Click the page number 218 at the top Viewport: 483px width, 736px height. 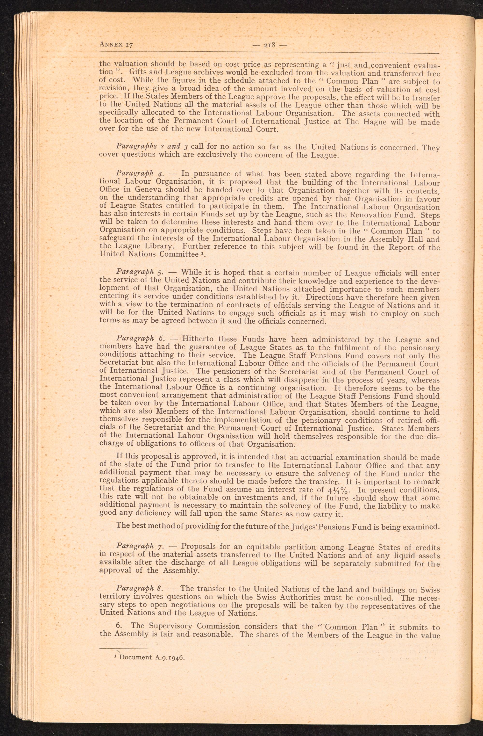[x=270, y=45]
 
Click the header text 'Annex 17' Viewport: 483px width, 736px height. [x=116, y=44]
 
